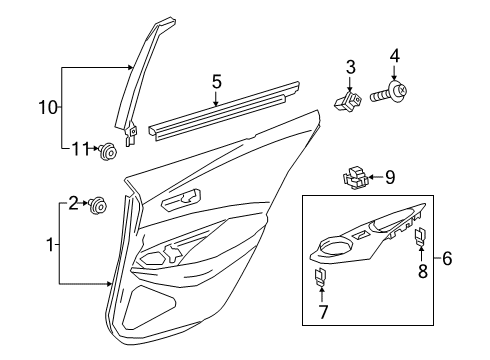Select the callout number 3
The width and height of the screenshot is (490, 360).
coord(351,68)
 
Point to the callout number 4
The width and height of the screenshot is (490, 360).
coord(394,56)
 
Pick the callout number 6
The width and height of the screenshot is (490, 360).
coord(446,258)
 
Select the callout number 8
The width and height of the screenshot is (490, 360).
coord(422,270)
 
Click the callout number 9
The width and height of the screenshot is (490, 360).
coord(390,179)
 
